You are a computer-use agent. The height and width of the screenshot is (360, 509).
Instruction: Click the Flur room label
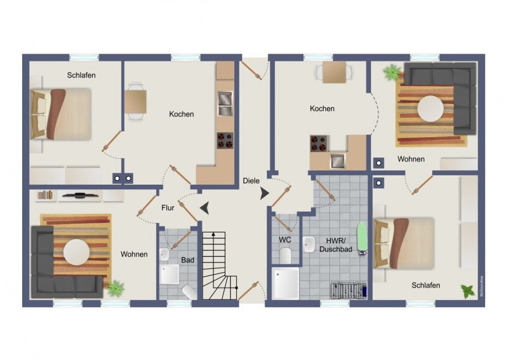pyautogui.click(x=168, y=208)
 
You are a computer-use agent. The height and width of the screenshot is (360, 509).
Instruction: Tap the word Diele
pyautogui.click(x=251, y=180)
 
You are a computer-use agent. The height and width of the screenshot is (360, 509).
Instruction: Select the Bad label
pyautogui.click(x=187, y=259)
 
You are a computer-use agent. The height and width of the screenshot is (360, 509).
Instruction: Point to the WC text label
pyautogui.click(x=285, y=240)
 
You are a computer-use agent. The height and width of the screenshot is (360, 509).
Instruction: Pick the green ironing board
pyautogui.click(x=362, y=238)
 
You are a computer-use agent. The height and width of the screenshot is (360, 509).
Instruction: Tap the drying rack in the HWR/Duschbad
pyautogui.click(x=349, y=290)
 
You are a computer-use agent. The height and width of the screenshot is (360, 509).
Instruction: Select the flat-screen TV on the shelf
pyautogui.click(x=80, y=195)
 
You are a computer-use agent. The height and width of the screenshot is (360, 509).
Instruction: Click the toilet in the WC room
pyautogui.click(x=285, y=256)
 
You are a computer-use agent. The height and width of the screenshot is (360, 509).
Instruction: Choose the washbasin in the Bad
pyautogui.click(x=164, y=254)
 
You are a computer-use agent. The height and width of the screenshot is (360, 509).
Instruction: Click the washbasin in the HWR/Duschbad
pyautogui.click(x=309, y=244)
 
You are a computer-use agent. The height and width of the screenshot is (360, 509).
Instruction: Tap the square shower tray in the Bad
pyautogui.click(x=170, y=274)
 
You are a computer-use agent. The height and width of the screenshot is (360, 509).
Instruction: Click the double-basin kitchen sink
pyautogui.click(x=224, y=103)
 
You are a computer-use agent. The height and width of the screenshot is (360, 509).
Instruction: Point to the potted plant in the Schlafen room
pyautogui.click(x=468, y=291)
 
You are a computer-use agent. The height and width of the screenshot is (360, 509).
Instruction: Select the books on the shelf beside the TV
pyautogui.click(x=45, y=195)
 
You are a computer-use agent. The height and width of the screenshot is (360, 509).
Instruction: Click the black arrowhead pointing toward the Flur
pyautogui.click(x=205, y=208)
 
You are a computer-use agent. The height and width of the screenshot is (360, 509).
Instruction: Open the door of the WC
pyautogui.click(x=283, y=222)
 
